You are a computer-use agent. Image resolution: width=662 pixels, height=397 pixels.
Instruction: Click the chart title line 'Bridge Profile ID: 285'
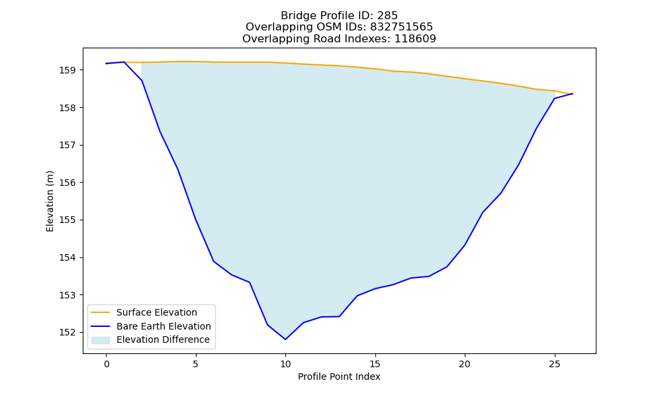click(x=339, y=16)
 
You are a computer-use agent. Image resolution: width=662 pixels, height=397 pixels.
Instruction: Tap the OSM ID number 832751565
click(x=402, y=27)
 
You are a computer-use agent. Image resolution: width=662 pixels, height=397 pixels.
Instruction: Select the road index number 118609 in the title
click(x=415, y=39)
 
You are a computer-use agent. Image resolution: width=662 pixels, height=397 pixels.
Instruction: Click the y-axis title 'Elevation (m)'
click(x=50, y=201)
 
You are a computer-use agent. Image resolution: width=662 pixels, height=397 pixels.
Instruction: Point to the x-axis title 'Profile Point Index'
click(x=339, y=376)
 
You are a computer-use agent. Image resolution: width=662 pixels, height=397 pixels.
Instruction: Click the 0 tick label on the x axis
click(x=107, y=364)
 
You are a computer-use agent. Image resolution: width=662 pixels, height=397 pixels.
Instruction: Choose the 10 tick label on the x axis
click(x=285, y=364)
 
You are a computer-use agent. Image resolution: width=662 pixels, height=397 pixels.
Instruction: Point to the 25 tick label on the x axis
click(x=554, y=364)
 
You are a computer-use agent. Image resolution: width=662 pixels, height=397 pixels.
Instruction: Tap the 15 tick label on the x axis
click(x=375, y=364)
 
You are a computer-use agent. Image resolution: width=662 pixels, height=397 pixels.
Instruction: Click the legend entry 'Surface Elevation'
click(x=157, y=312)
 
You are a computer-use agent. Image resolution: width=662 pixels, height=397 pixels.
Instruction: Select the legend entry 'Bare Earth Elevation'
click(x=164, y=326)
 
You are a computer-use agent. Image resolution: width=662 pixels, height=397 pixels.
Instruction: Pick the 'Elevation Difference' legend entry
click(x=163, y=339)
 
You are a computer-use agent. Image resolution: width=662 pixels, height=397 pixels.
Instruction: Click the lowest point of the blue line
click(x=285, y=339)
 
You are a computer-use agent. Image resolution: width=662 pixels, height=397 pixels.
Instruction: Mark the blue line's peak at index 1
click(x=124, y=62)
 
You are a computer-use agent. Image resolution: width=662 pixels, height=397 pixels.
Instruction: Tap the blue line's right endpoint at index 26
click(x=573, y=94)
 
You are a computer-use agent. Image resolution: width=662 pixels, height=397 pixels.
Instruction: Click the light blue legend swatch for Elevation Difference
click(x=101, y=340)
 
